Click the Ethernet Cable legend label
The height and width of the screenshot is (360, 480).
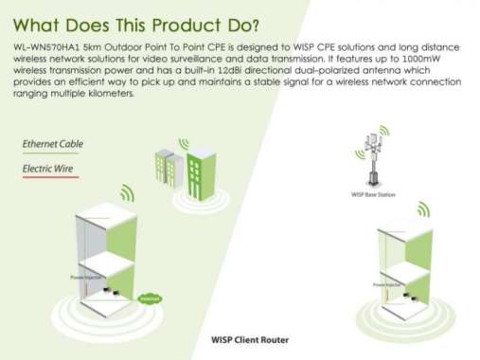click(52, 144)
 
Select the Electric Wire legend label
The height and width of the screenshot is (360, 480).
click(48, 169)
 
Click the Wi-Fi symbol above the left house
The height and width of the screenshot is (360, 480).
click(127, 194)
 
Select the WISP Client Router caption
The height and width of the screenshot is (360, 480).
click(249, 338)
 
